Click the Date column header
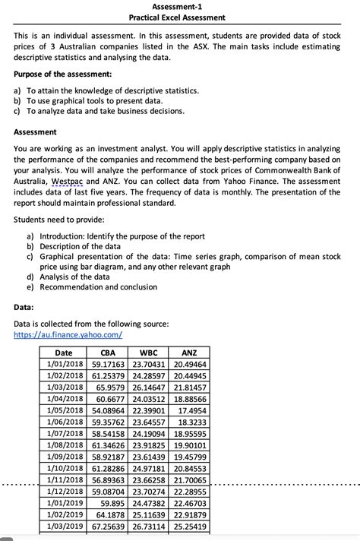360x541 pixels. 64,353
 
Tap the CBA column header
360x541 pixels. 108,353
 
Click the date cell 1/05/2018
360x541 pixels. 64,410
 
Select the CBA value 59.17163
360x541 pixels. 108,364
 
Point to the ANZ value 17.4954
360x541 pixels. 192,410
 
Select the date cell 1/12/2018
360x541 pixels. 64,491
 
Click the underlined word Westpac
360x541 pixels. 67,182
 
